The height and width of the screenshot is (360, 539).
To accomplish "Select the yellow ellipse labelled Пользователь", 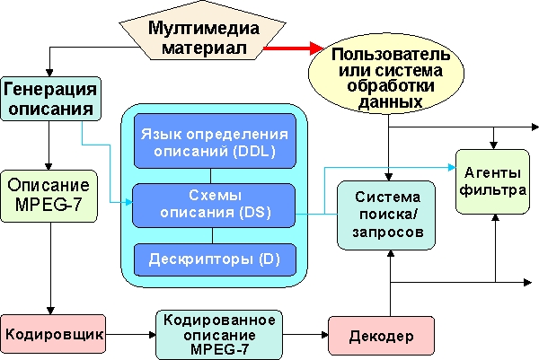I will click(388, 78).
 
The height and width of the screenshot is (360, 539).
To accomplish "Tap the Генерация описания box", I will click(50, 99).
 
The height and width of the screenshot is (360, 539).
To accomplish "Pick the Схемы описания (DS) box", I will click(213, 205).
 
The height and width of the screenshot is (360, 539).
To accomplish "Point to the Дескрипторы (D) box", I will click(213, 260).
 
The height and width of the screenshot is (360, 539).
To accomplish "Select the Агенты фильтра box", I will click(491, 180).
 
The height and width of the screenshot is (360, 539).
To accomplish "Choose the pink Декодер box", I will click(381, 335).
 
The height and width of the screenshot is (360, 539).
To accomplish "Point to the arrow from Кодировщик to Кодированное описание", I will click(131, 334).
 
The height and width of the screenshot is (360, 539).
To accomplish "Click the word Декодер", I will click(381, 336).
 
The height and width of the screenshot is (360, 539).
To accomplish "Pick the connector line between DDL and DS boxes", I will click(213, 175).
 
